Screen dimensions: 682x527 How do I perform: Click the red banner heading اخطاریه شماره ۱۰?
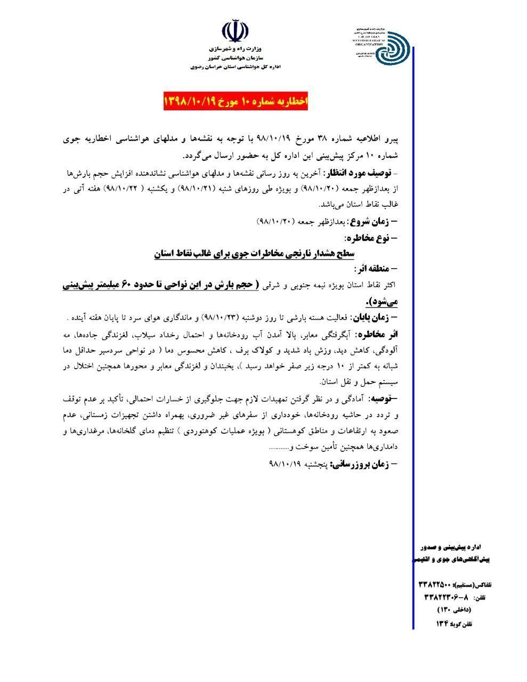(236, 101)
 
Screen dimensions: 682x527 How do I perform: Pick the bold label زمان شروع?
(374, 221)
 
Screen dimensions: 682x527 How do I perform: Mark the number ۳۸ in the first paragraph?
(314, 140)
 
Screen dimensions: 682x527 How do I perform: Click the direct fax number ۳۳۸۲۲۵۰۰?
(435, 585)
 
